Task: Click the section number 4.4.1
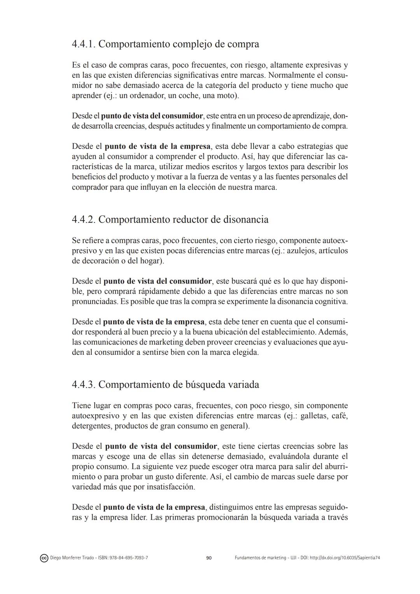coord(83,44)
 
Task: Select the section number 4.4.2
coord(83,220)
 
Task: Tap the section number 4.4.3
coord(83,385)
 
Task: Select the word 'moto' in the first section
coord(227,96)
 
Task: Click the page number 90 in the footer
coord(209,558)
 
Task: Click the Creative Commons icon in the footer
coord(44,558)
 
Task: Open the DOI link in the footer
coord(343,558)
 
